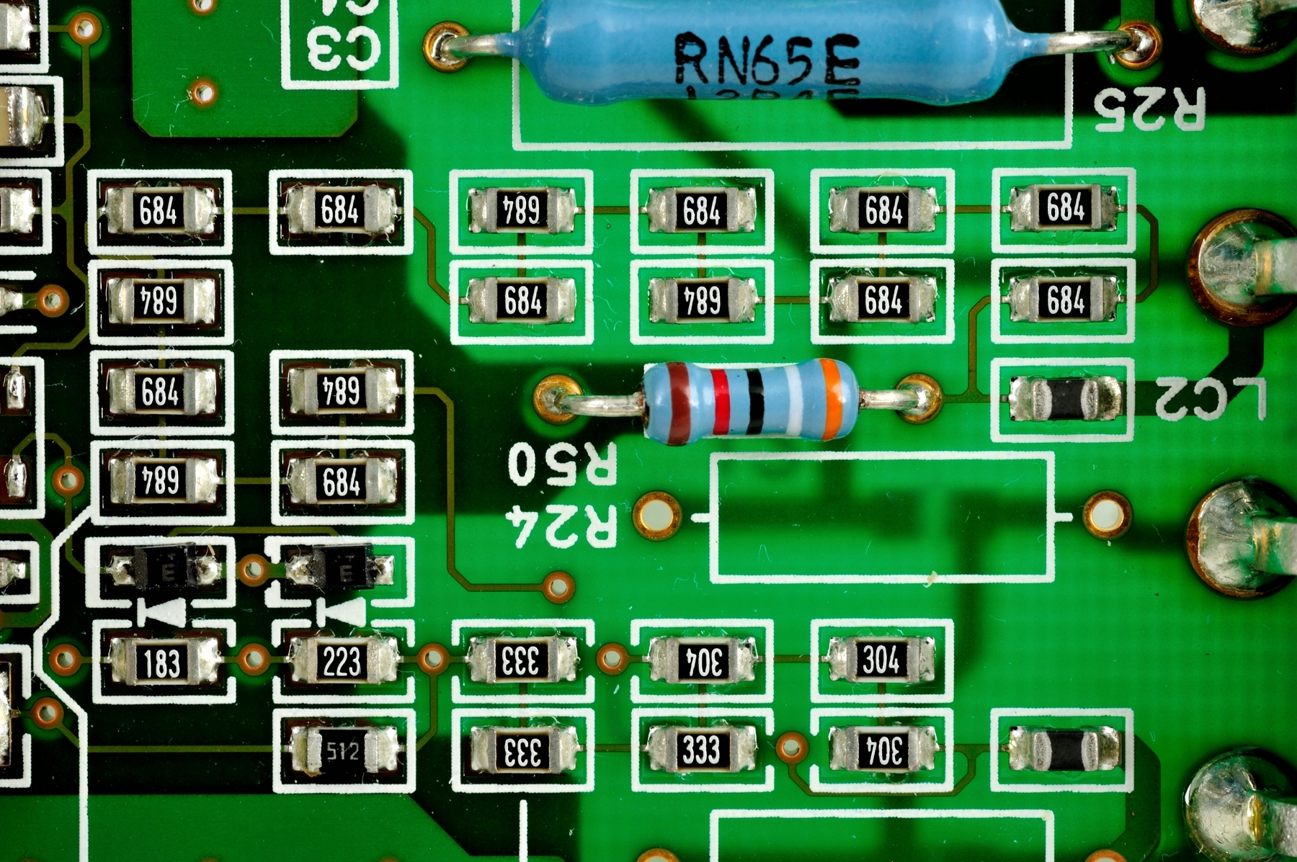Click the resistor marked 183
(x=162, y=662)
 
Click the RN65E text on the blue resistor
(x=767, y=59)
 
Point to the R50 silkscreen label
(x=562, y=464)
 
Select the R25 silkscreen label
(x=1149, y=108)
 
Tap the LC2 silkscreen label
(x=1211, y=398)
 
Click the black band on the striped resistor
(x=754, y=400)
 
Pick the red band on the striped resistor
(x=720, y=400)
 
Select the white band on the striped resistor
(x=793, y=400)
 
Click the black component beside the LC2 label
(x=1065, y=398)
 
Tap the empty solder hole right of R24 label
(x=1107, y=514)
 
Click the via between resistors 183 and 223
(x=253, y=658)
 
